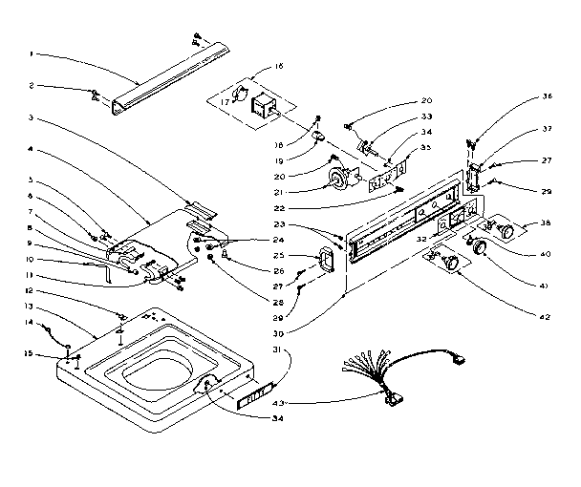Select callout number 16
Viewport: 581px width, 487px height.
point(279,67)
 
